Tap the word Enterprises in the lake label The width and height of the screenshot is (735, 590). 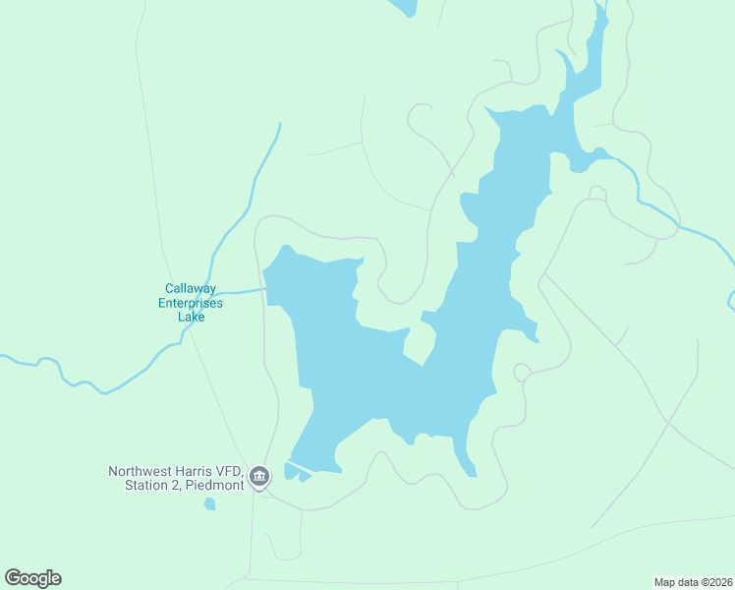point(191,303)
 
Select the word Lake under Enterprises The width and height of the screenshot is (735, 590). point(191,317)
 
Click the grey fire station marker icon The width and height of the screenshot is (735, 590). point(259,478)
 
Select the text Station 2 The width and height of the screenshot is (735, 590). point(150,485)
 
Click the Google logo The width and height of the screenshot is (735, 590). point(32,577)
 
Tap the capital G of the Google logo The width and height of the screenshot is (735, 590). point(13,577)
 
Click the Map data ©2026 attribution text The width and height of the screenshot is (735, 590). point(693,582)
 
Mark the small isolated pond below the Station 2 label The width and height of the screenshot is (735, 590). point(209,504)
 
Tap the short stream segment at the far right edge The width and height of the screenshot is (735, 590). point(730,300)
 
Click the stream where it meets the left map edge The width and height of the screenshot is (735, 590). point(4,357)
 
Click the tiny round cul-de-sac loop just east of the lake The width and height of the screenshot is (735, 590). point(522,373)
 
